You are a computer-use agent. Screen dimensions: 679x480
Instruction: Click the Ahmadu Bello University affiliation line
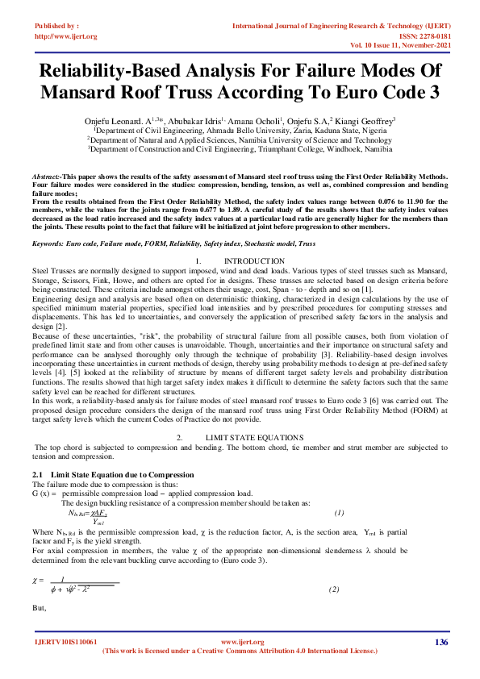tap(240, 129)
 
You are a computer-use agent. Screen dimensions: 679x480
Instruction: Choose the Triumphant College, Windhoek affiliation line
tap(240, 149)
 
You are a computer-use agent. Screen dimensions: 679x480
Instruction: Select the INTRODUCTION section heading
tap(253, 260)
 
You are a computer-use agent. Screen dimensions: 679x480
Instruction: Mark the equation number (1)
tap(340, 512)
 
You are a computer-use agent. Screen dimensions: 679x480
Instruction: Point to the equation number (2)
tap(333, 590)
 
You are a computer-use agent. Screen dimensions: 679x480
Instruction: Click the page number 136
tap(440, 642)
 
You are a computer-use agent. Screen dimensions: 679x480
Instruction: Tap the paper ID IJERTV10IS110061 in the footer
tap(66, 642)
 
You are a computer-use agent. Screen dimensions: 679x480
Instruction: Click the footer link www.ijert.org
tap(242, 642)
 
